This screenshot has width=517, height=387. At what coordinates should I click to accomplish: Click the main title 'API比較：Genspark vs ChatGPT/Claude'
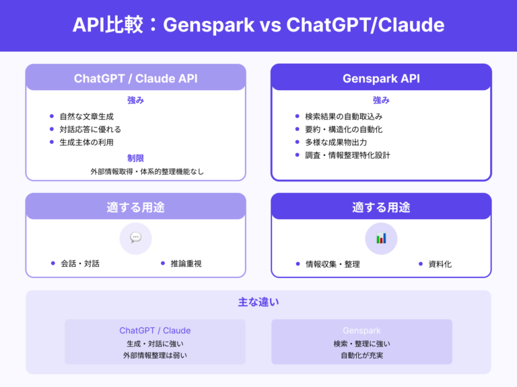click(258, 26)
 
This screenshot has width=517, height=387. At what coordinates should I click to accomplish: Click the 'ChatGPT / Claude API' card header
click(135, 78)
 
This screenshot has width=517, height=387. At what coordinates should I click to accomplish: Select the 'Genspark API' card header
click(381, 78)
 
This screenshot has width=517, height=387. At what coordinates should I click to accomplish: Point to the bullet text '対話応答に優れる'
click(90, 129)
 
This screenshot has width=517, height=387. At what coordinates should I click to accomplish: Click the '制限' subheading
click(135, 158)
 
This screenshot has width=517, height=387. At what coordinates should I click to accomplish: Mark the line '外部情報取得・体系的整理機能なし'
click(147, 171)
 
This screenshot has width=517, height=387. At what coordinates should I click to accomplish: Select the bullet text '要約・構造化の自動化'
click(343, 129)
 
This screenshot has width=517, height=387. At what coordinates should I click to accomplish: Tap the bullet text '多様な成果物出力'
click(336, 142)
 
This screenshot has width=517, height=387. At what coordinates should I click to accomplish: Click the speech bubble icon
click(135, 238)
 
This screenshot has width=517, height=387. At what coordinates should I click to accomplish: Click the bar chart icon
click(381, 238)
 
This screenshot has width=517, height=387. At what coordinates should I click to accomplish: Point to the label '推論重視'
click(186, 263)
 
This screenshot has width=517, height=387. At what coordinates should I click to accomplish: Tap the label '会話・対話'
click(79, 263)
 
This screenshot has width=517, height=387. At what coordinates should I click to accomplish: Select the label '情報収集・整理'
click(333, 264)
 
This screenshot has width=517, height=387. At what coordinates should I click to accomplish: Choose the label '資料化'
click(440, 264)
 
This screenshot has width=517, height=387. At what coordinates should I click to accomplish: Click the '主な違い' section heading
click(258, 302)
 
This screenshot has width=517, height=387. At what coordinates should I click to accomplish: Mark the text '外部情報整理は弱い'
click(155, 355)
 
